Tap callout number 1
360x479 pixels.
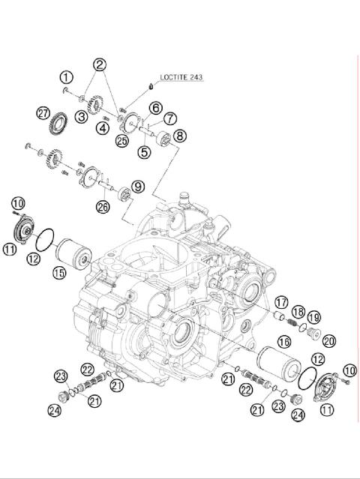pos(67,77)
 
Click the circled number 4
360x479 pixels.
pos(102,127)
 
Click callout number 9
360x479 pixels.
pos(137,186)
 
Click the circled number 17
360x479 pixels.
pos(280,302)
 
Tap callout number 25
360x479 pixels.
pos(122,139)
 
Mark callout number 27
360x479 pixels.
pos(43,113)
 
